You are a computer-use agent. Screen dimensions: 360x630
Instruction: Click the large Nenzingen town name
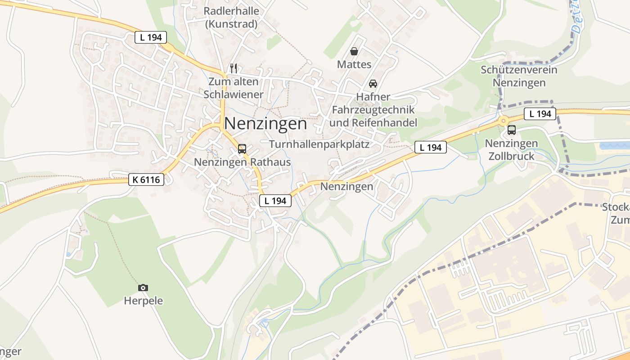pyautogui.click(x=265, y=123)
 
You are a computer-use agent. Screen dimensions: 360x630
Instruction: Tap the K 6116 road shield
pyautogui.click(x=146, y=180)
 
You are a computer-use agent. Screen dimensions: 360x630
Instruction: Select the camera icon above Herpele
pyautogui.click(x=143, y=288)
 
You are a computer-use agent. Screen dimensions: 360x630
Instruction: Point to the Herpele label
pyautogui.click(x=143, y=301)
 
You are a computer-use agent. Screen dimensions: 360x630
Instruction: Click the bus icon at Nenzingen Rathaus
pyautogui.click(x=242, y=149)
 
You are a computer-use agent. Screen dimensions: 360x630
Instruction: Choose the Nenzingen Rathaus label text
pyautogui.click(x=242, y=162)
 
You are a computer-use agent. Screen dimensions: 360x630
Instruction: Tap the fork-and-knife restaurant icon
pyautogui.click(x=233, y=68)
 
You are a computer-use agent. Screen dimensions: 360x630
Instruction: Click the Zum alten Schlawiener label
pyautogui.click(x=233, y=88)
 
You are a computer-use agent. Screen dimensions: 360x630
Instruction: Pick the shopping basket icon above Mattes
pyautogui.click(x=354, y=51)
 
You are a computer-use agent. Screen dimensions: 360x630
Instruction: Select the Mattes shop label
pyautogui.click(x=354, y=64)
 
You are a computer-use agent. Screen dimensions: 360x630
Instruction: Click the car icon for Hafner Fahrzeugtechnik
pyautogui.click(x=373, y=84)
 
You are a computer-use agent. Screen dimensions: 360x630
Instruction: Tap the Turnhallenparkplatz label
pyautogui.click(x=319, y=144)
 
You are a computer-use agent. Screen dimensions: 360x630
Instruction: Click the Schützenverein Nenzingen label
pyautogui.click(x=519, y=76)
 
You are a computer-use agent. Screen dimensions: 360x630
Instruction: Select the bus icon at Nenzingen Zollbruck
pyautogui.click(x=511, y=130)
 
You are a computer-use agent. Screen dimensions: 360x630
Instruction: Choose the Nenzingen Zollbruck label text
pyautogui.click(x=511, y=150)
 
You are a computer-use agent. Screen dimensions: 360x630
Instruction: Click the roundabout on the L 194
pyautogui.click(x=502, y=120)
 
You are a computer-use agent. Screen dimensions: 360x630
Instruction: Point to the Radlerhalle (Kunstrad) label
pyautogui.click(x=231, y=18)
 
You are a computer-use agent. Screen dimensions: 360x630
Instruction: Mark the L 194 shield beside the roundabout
pyautogui.click(x=540, y=114)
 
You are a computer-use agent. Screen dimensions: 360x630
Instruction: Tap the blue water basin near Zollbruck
pyautogui.click(x=615, y=145)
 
